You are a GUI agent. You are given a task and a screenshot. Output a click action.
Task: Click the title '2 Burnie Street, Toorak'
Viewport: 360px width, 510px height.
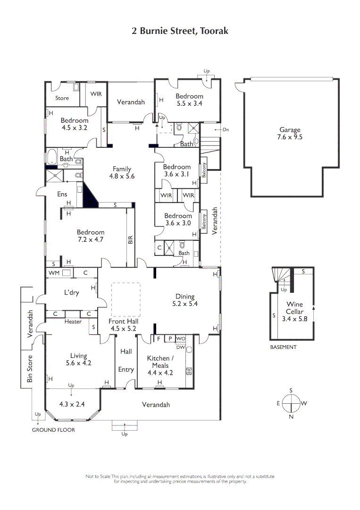pyautogui.click(x=180, y=31)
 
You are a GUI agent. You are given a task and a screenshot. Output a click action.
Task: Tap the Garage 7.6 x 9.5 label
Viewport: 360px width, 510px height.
pyautogui.click(x=289, y=134)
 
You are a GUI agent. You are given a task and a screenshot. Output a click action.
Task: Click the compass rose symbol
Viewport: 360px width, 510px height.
pyautogui.click(x=291, y=403)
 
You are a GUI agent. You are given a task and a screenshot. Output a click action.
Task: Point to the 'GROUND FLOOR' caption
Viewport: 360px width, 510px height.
pyautogui.click(x=53, y=430)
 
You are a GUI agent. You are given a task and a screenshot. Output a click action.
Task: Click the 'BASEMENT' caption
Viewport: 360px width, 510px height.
pyautogui.click(x=283, y=347)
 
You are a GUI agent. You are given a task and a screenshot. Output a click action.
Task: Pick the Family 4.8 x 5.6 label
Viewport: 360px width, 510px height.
pyautogui.click(x=122, y=172)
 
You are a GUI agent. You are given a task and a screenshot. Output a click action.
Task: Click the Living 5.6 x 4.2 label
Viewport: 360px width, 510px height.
pyautogui.click(x=72, y=359)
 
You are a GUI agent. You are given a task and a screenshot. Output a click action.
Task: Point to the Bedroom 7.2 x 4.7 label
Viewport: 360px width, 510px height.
pyautogui.click(x=91, y=236)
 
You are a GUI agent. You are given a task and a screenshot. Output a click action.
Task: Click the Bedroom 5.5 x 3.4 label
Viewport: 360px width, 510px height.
pyautogui.click(x=189, y=100)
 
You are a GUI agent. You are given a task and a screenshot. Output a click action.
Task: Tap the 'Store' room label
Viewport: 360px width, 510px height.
pyautogui.click(x=62, y=98)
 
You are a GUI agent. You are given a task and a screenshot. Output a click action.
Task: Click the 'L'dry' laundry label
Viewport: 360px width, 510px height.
pyautogui.click(x=71, y=293)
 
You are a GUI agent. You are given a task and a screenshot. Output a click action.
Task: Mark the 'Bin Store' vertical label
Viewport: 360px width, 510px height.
pyautogui.click(x=30, y=368)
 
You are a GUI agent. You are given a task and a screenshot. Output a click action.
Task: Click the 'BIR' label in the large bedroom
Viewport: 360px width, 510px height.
pyautogui.click(x=131, y=239)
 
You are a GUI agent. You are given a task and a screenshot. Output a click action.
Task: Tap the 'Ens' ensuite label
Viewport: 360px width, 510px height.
pyautogui.click(x=62, y=194)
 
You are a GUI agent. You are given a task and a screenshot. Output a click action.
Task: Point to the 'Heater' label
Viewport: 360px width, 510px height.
pyautogui.click(x=73, y=322)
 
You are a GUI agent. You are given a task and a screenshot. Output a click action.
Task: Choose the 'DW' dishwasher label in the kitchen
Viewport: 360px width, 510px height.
pyautogui.click(x=180, y=347)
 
